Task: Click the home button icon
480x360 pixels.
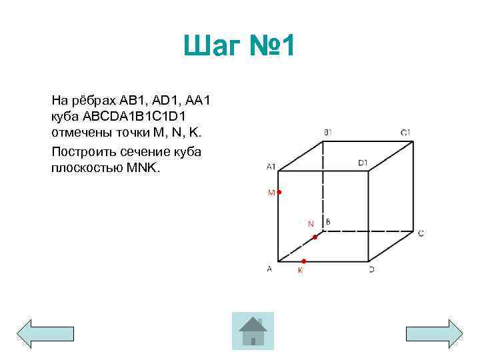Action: coord(253,331)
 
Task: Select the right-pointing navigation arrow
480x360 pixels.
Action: coord(434,333)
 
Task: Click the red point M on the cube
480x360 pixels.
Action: coord(279,192)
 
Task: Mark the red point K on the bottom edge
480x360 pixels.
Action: coord(303,261)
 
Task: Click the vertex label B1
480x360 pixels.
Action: coord(327,133)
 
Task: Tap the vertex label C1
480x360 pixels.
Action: coord(405,133)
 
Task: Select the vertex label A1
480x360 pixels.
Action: coord(271,165)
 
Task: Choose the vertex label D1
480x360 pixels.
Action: coord(363,162)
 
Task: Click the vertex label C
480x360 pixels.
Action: coord(421,233)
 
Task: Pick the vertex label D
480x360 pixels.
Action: coord(371,269)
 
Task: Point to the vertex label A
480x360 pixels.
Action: coord(269,269)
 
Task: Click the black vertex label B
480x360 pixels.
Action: coord(328,221)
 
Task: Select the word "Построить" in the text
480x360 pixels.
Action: coord(83,151)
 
